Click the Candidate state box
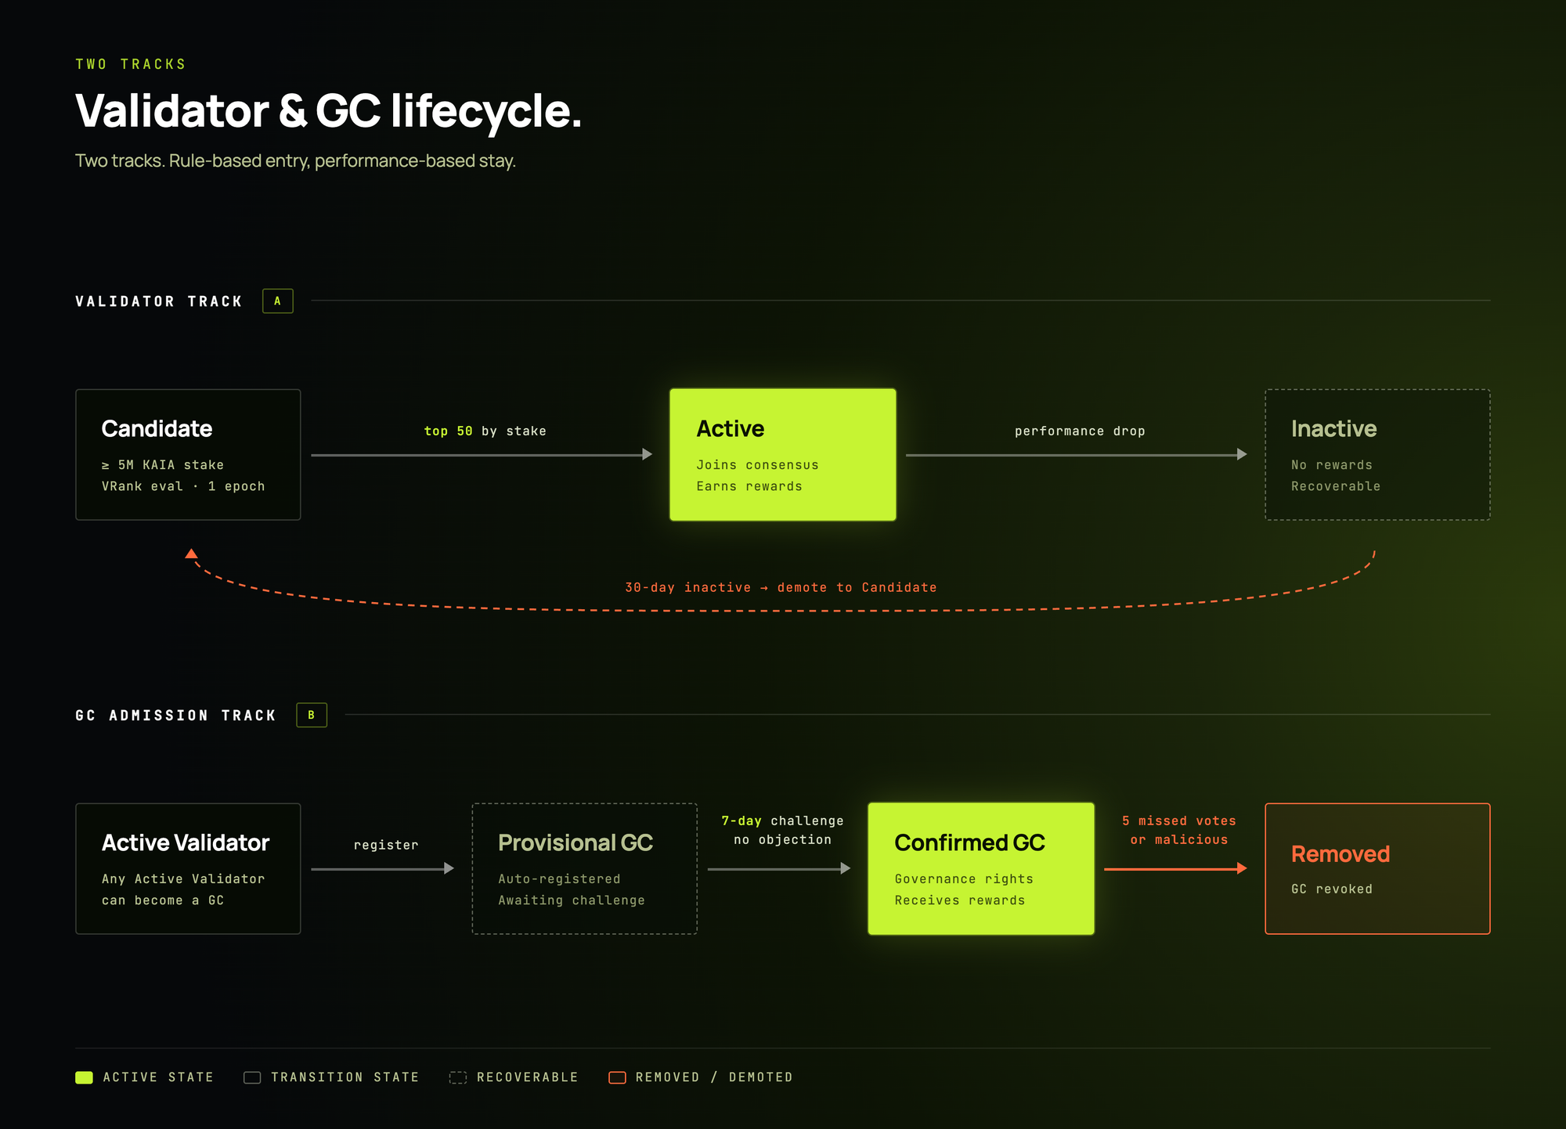coord(188,455)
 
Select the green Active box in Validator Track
coord(782,455)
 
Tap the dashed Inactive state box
coord(1377,455)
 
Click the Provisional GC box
coord(584,868)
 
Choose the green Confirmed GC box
coord(980,868)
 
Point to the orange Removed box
coord(1377,868)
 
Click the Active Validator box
coord(188,868)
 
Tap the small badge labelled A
coord(278,301)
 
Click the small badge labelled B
coord(312,715)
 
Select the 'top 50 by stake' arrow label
coord(485,431)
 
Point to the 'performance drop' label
coord(1080,431)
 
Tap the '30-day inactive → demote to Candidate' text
coord(781,588)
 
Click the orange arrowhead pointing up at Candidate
coord(191,554)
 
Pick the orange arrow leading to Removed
coord(1174,868)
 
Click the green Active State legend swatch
coord(84,1078)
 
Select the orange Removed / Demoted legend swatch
coord(617,1078)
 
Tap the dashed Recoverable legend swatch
coord(458,1078)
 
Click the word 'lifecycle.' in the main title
coord(485,111)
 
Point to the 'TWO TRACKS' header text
coord(131,64)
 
